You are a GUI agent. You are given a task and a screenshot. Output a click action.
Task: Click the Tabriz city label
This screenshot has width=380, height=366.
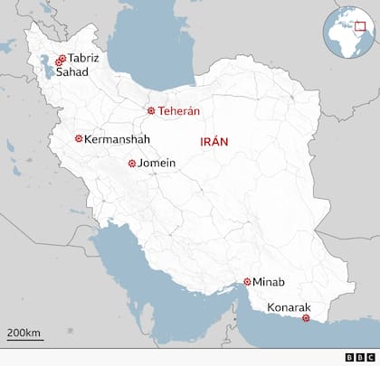point(84,59)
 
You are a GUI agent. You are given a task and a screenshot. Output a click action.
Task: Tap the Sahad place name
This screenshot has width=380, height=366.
point(72,72)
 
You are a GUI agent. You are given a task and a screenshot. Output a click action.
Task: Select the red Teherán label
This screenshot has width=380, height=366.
point(178,111)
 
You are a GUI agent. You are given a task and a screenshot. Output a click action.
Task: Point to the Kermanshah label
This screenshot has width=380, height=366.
point(117,139)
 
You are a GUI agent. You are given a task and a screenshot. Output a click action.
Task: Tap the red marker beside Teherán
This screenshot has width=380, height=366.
point(151,111)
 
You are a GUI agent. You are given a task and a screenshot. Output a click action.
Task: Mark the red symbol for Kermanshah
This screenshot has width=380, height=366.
point(78,139)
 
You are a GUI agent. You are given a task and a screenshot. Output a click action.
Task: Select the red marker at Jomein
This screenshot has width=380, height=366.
point(132,164)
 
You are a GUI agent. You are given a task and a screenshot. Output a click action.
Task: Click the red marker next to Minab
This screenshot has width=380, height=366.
point(247,282)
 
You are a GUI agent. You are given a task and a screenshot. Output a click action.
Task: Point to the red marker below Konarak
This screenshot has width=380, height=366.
point(305,318)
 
